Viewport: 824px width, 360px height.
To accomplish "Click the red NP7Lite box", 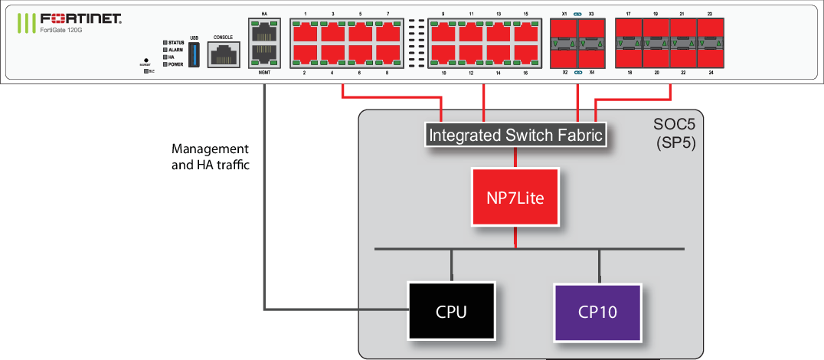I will click(x=515, y=197).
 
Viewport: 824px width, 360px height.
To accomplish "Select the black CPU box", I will click(x=451, y=312).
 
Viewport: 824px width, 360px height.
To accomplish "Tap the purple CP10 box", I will click(x=597, y=312).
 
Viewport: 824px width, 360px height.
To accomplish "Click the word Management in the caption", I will click(x=210, y=149).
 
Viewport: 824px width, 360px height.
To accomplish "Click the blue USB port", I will click(x=193, y=55).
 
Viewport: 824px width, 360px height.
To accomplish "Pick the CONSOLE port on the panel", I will click(x=223, y=56).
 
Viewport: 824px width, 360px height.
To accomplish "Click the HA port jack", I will click(x=264, y=33).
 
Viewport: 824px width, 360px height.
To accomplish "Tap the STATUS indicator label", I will click(x=175, y=42).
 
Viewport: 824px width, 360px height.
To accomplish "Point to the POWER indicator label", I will click(x=175, y=64).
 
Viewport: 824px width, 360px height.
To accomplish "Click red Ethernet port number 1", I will click(x=305, y=32).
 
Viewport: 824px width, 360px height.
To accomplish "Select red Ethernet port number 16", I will click(x=525, y=54).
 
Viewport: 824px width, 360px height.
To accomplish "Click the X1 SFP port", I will click(x=564, y=32).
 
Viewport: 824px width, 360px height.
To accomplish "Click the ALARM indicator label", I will click(x=175, y=50).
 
